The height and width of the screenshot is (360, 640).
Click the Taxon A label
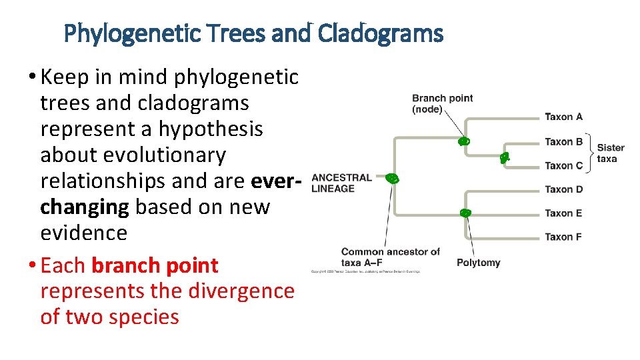point(563,117)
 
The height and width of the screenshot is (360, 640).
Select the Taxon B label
point(563,141)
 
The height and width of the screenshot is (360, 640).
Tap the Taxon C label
point(563,165)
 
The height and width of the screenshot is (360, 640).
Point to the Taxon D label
point(563,189)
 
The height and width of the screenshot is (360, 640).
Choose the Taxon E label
point(563,213)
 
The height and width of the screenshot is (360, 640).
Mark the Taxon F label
point(563,237)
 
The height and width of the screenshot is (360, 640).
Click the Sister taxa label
point(610,153)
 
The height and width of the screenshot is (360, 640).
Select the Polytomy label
point(478,263)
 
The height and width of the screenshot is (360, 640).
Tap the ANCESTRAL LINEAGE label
point(341,183)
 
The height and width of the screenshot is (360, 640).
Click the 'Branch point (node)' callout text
point(442,103)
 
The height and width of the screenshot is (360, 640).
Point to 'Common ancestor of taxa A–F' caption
point(390,257)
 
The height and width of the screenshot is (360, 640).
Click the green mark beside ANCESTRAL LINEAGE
point(393,178)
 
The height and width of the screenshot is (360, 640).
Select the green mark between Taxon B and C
point(505,157)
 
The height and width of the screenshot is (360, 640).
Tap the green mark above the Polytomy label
point(465,213)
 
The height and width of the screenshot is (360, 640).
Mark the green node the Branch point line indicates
point(464,141)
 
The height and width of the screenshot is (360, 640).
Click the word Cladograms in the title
point(381,33)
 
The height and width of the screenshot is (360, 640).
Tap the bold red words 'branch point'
point(155,265)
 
